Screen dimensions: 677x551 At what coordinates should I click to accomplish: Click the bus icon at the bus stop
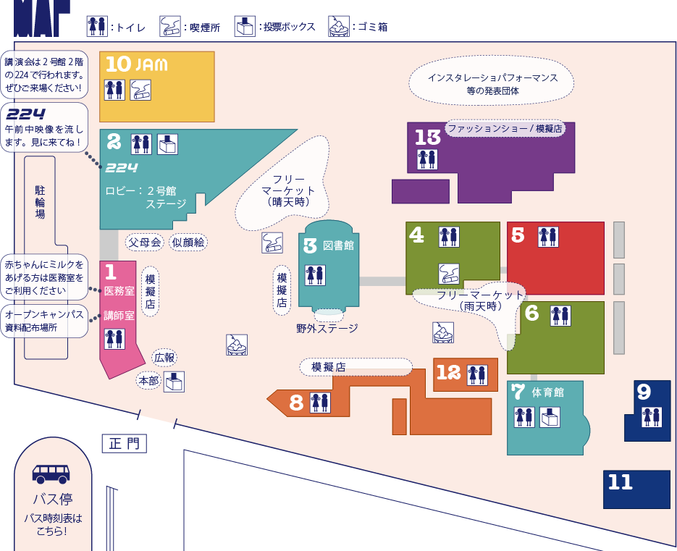(x=51, y=474)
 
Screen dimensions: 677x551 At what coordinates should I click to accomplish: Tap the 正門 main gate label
(x=125, y=443)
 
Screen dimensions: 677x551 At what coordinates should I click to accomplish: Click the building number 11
(x=621, y=482)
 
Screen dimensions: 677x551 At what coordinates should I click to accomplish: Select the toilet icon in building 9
(x=652, y=417)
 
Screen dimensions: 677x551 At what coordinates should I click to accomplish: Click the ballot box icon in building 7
(x=550, y=417)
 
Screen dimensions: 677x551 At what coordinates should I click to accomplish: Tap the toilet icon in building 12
(x=478, y=375)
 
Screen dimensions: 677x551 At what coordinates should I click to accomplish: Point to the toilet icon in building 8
(x=320, y=403)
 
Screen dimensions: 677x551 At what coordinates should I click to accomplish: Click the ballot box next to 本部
(x=174, y=382)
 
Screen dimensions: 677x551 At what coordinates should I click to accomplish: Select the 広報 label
(x=164, y=358)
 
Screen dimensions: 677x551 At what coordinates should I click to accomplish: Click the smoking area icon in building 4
(x=449, y=274)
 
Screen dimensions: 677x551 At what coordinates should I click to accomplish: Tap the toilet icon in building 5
(x=548, y=237)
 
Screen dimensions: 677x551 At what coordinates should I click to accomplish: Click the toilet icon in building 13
(x=427, y=159)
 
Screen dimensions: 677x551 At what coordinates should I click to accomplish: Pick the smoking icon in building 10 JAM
(x=140, y=90)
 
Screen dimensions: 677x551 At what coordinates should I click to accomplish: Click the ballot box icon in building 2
(x=167, y=144)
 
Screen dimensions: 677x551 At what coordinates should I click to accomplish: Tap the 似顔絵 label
(x=188, y=243)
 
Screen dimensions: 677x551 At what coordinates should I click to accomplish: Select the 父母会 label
(x=145, y=243)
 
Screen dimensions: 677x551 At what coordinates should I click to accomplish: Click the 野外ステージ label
(x=327, y=329)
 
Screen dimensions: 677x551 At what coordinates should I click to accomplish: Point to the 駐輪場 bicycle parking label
(x=40, y=202)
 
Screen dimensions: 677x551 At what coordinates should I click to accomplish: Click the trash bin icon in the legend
(x=339, y=26)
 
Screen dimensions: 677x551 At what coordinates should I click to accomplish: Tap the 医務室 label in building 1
(x=119, y=291)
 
